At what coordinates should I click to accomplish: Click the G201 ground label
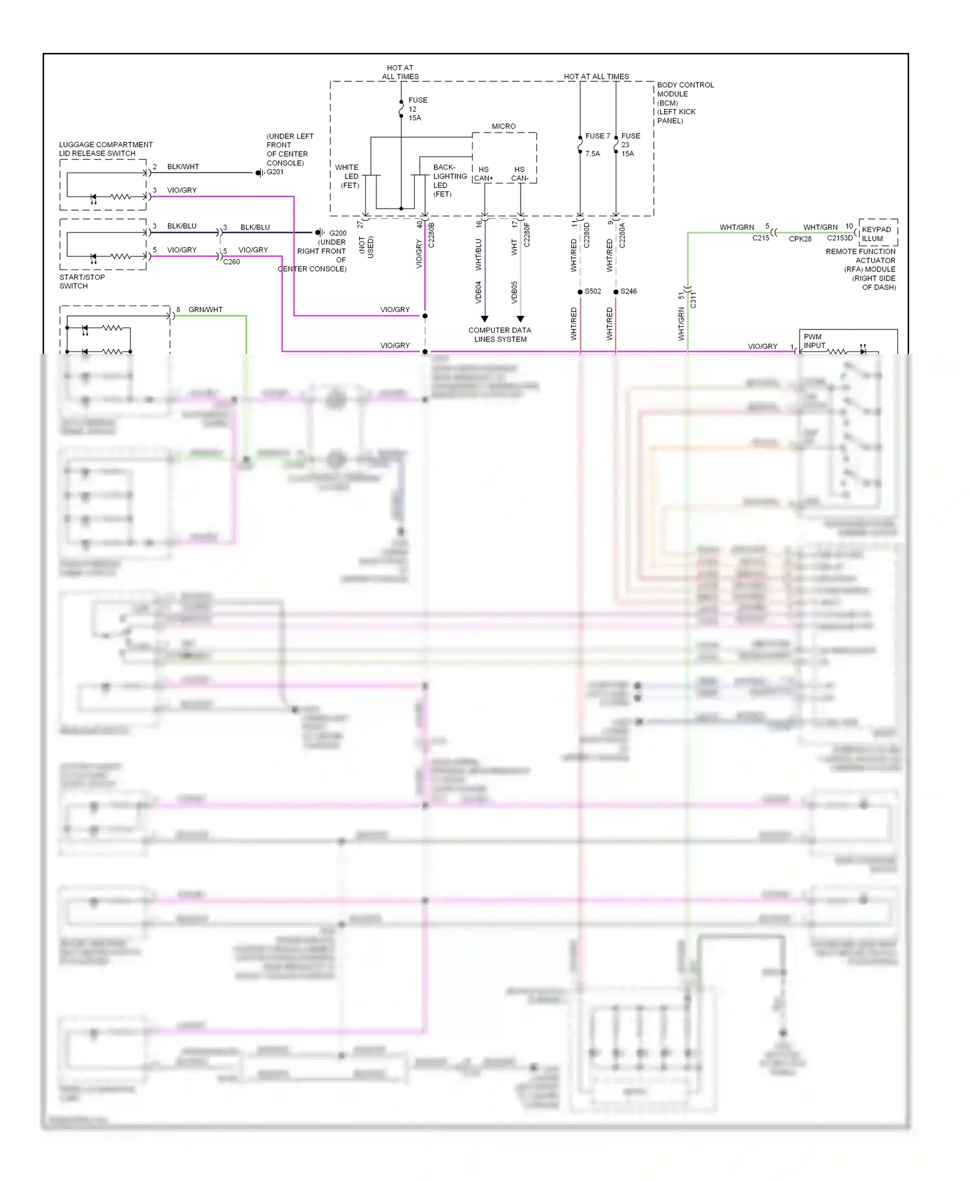pos(275,172)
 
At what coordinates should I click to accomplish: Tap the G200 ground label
pos(337,233)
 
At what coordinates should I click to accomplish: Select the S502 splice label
pos(592,291)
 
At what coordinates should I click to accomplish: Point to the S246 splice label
pos(629,291)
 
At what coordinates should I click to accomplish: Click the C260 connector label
pos(231,262)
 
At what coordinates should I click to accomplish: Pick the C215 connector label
pos(760,238)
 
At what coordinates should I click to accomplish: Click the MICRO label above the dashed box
pos(503,127)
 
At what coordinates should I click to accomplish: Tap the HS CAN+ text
pos(483,174)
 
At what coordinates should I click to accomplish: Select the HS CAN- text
pos(519,174)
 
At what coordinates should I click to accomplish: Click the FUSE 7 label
pos(597,136)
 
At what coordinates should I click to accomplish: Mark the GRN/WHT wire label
pos(205,309)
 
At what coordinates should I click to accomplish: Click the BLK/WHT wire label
pos(183,167)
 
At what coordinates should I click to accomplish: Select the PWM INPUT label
pos(814,341)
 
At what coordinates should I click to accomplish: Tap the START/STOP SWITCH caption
pos(81,281)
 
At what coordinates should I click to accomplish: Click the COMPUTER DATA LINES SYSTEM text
pos(500,335)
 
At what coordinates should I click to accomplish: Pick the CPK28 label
pos(800,239)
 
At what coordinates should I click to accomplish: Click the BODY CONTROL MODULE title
pos(685,89)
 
